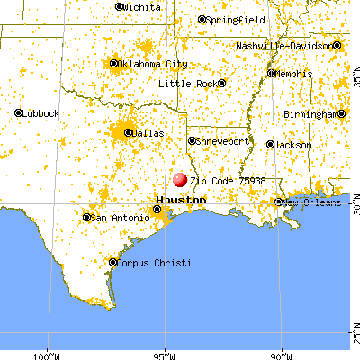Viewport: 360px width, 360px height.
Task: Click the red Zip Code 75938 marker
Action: (x=180, y=180)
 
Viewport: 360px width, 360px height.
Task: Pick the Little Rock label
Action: (x=187, y=84)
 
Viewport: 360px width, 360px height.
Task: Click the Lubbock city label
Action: (x=42, y=113)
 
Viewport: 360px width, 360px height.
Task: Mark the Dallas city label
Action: (x=149, y=133)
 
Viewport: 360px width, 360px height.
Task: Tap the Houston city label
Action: (x=180, y=200)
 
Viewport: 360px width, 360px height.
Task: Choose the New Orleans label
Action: (x=314, y=202)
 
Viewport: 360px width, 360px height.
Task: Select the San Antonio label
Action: (x=120, y=218)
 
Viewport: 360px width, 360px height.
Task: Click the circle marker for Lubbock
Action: (x=19, y=113)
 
